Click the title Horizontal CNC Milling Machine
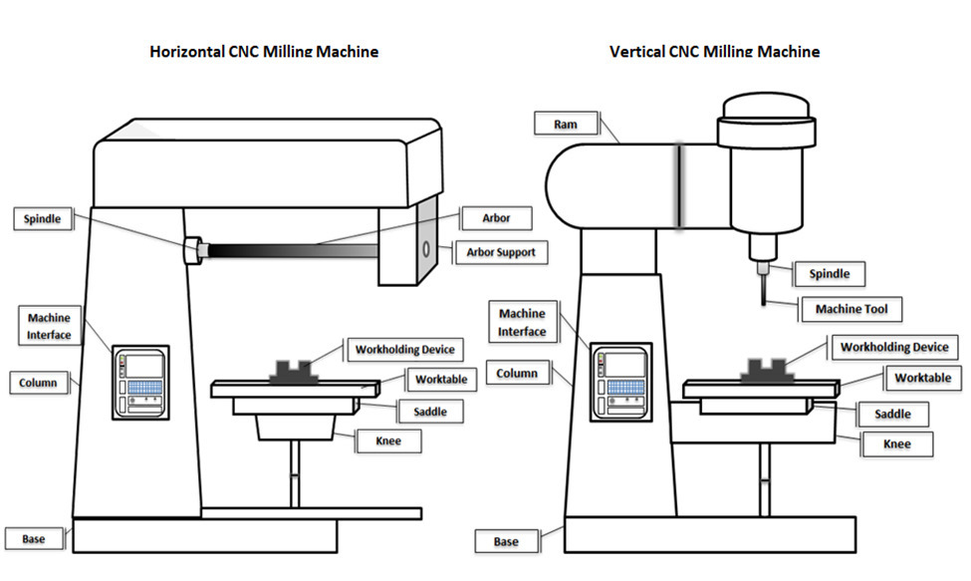point(264,52)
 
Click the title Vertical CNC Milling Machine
point(715,52)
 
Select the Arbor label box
point(495,217)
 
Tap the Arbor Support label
point(500,252)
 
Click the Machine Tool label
point(851,309)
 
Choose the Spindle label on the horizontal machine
point(44,219)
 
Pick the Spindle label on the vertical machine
point(830,273)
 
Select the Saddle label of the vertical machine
point(893,414)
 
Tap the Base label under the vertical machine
point(506,542)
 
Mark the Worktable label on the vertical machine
point(922,379)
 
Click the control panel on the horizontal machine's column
point(140,380)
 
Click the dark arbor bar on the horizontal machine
point(289,251)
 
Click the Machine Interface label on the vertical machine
point(522,323)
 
